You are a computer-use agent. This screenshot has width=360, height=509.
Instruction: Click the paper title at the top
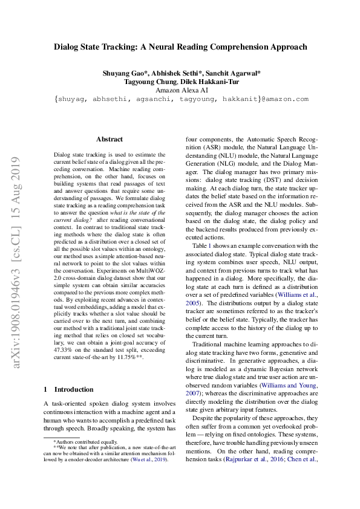tap(180, 47)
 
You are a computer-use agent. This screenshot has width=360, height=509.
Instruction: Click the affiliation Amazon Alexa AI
tap(181, 91)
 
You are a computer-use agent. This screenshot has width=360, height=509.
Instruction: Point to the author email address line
tap(181, 99)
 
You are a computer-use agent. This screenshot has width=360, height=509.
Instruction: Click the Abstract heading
tap(110, 139)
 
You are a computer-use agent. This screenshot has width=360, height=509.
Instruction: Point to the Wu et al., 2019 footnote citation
tap(150, 459)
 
